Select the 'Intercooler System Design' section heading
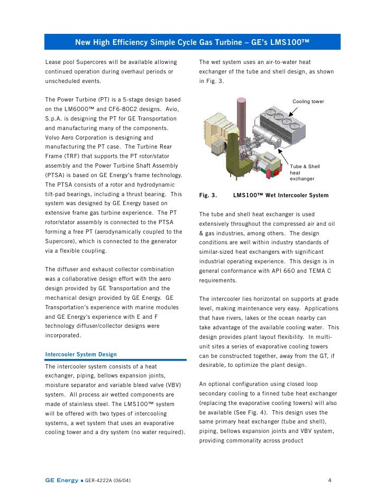81,354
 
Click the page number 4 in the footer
329,481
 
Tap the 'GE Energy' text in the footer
61,481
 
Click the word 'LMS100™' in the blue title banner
290,42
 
